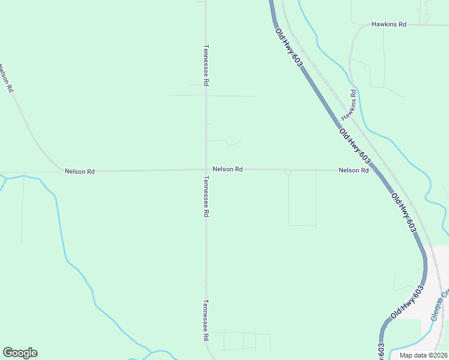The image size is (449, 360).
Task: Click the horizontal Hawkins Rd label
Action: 389,25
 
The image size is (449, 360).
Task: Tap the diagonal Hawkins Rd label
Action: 349,105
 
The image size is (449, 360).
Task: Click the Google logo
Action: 20,353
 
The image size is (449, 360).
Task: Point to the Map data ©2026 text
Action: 423,355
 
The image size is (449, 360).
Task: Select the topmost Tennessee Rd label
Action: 206,66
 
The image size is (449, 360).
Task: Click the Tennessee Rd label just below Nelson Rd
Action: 206,196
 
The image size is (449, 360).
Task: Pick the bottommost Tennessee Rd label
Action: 206,320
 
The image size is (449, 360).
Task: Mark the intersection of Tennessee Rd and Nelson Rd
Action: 206,170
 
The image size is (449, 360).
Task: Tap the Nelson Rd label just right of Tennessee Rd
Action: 228,170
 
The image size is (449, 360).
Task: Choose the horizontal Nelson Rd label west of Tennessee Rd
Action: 80,172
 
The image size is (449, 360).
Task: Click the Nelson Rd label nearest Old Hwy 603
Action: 354,170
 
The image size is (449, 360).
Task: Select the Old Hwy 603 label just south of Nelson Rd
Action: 403,212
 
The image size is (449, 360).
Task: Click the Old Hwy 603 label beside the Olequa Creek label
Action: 408,302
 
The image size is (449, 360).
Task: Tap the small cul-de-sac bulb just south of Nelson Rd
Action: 289,173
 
